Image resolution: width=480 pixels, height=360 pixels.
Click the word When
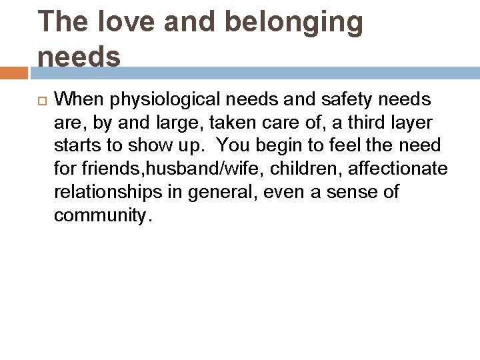point(81,100)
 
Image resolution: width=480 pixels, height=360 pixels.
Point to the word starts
point(74,146)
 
